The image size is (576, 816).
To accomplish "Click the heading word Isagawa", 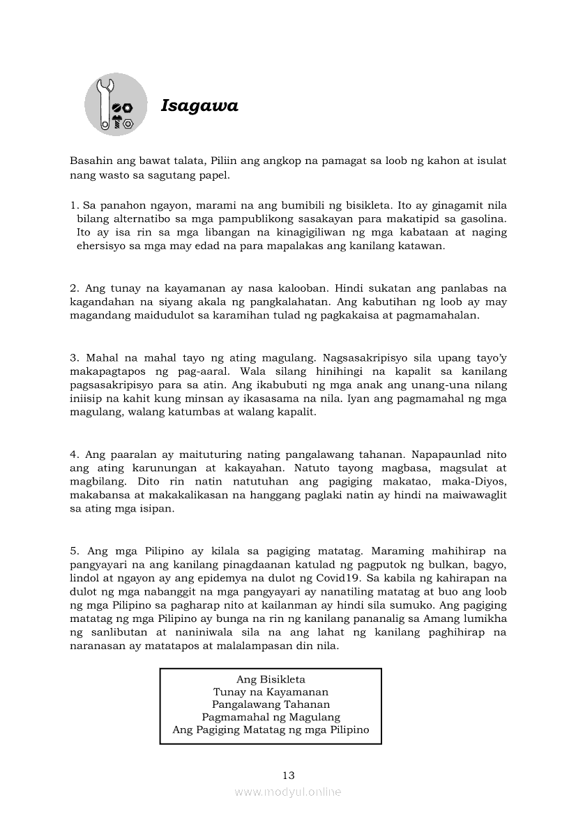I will tap(199, 106).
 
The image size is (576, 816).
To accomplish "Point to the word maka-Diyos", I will tap(474, 482).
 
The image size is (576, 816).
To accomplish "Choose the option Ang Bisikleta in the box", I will tap(271, 679).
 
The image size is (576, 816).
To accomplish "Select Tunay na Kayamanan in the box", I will tap(271, 692).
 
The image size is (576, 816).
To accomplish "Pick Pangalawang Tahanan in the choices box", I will tap(271, 704).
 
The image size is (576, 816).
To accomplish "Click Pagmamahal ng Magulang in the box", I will tap(271, 717).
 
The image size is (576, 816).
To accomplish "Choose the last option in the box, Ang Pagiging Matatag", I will tap(271, 730).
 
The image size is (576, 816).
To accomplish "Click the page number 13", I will tap(289, 775).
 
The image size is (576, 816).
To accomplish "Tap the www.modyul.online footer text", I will tap(288, 792).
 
